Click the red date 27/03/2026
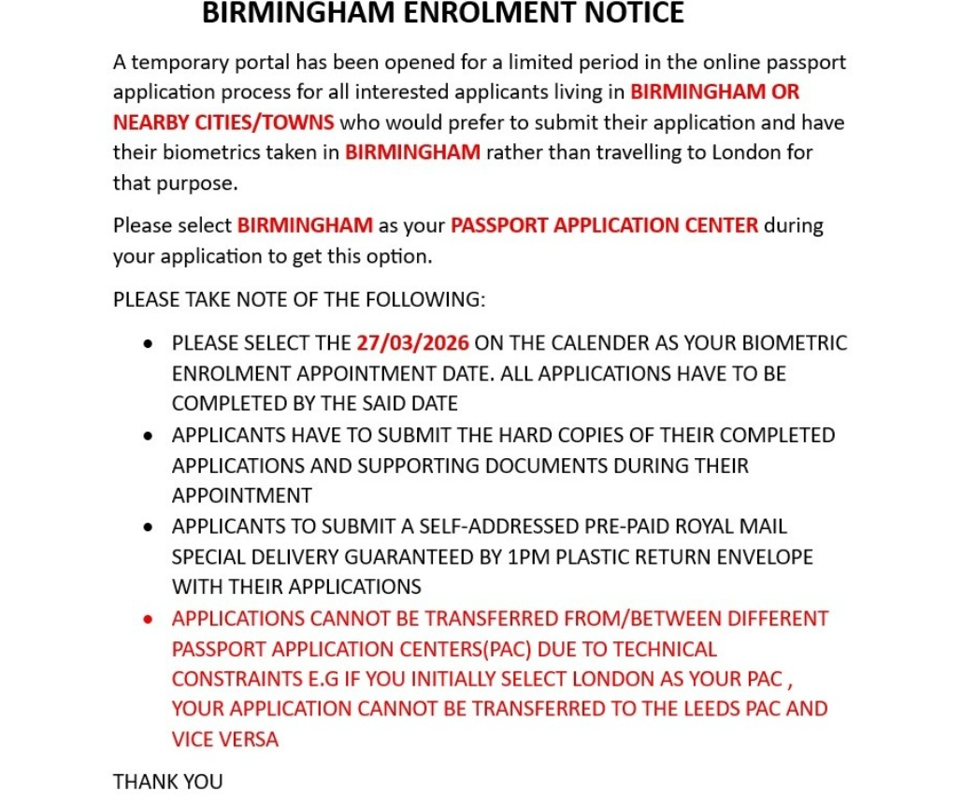pyautogui.click(x=412, y=343)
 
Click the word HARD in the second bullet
pyautogui.click(x=559, y=435)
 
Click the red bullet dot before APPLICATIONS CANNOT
pyautogui.click(x=149, y=620)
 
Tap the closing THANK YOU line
pyautogui.click(x=168, y=781)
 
